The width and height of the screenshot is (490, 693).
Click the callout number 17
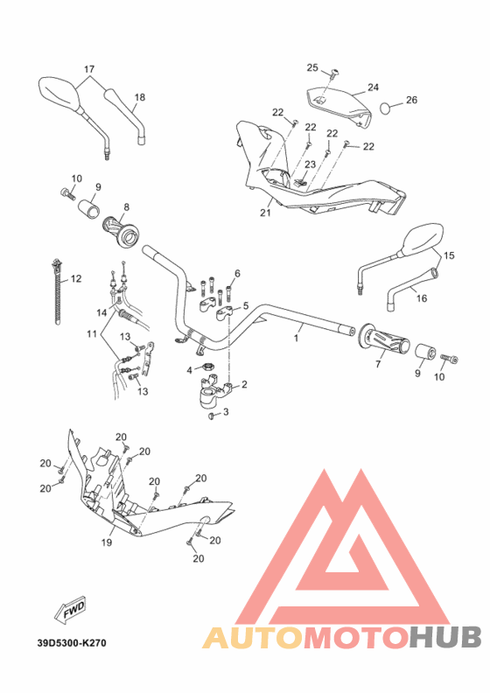(88, 68)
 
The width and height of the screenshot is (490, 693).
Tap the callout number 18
(139, 96)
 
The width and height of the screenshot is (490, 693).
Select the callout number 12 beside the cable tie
(76, 278)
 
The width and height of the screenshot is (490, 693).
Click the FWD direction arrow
(70, 614)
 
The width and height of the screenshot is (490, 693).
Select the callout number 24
(373, 87)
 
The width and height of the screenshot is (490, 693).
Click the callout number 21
(266, 212)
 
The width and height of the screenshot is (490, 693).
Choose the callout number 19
(107, 543)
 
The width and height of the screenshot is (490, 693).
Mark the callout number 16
(421, 297)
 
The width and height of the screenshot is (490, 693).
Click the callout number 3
(226, 411)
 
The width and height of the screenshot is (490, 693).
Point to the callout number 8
(125, 207)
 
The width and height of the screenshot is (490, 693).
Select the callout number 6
(236, 273)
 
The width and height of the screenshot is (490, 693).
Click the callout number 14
(101, 311)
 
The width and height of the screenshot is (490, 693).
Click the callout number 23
(311, 164)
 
